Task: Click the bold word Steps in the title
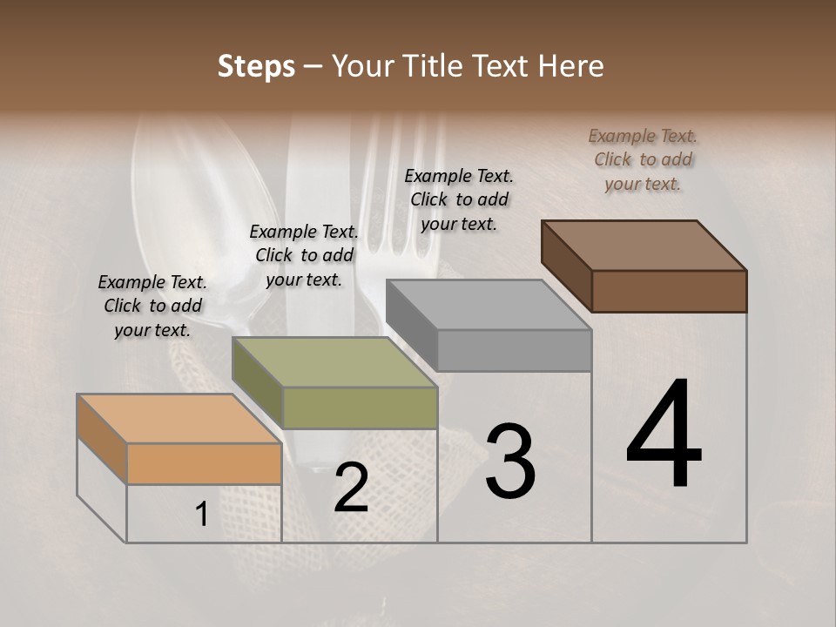(x=256, y=66)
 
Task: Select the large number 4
(x=664, y=435)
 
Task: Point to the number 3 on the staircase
(x=509, y=462)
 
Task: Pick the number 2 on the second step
(x=351, y=488)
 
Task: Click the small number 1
(x=201, y=515)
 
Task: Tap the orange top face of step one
(x=179, y=419)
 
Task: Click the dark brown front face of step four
(x=669, y=291)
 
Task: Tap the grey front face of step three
(x=514, y=350)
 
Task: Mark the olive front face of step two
(x=360, y=408)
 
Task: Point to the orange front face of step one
(x=204, y=463)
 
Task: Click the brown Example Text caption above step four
(x=643, y=159)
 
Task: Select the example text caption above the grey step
(x=459, y=199)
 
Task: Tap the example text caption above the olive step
(x=303, y=255)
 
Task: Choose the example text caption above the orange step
(x=152, y=306)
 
